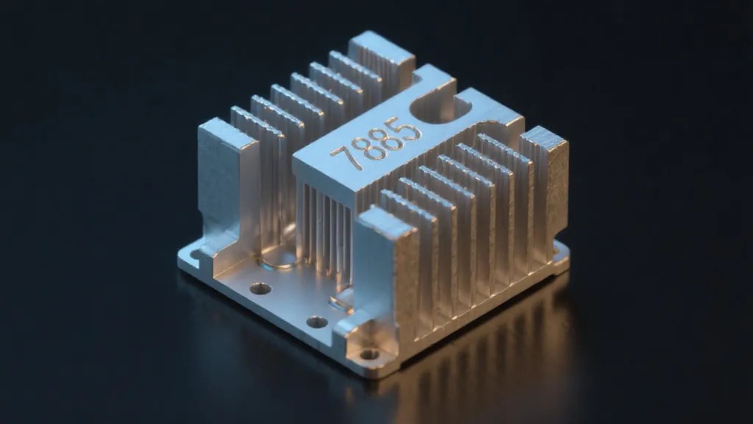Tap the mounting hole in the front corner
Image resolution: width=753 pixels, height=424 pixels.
(x=370, y=354)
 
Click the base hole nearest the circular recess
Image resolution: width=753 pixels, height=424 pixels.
(x=260, y=289)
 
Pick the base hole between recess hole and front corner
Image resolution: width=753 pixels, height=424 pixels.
(x=317, y=322)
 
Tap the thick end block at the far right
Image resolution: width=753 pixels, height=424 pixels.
(x=548, y=191)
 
